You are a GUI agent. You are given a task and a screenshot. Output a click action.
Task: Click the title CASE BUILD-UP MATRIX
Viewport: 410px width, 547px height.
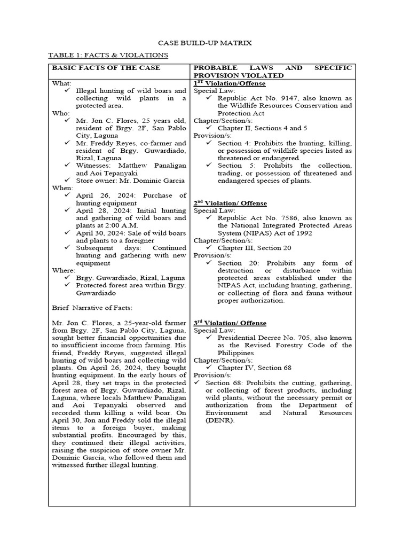click(206, 42)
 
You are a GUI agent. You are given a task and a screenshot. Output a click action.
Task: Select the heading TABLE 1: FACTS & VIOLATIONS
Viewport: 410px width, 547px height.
click(108, 55)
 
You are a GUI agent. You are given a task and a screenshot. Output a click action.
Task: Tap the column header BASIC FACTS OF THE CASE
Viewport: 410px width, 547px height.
click(105, 68)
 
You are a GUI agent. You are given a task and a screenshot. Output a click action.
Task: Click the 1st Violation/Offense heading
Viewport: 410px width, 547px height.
click(230, 84)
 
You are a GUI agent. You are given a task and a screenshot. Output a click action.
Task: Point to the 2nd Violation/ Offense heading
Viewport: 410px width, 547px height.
click(230, 203)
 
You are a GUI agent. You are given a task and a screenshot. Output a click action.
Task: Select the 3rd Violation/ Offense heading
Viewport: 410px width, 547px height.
click(230, 323)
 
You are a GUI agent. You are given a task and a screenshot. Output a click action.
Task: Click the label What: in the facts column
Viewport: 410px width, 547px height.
click(61, 84)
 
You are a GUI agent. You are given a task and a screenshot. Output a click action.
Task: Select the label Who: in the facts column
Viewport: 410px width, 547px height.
click(59, 113)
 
